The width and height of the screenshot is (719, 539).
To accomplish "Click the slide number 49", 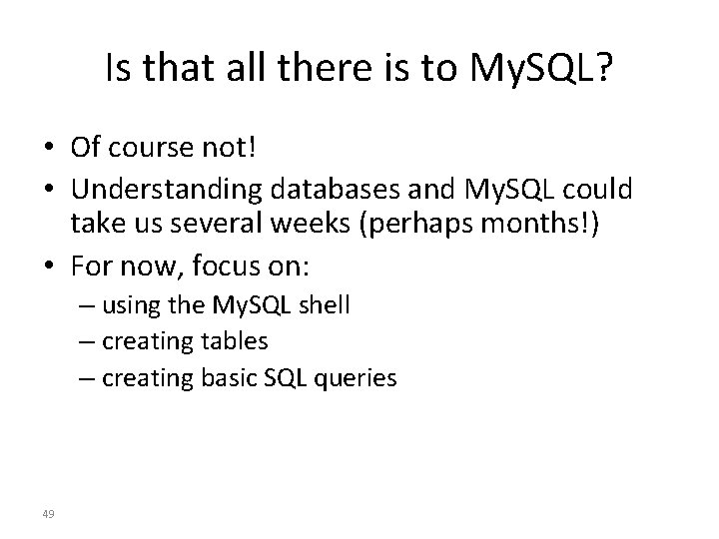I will pyautogui.click(x=49, y=514).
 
